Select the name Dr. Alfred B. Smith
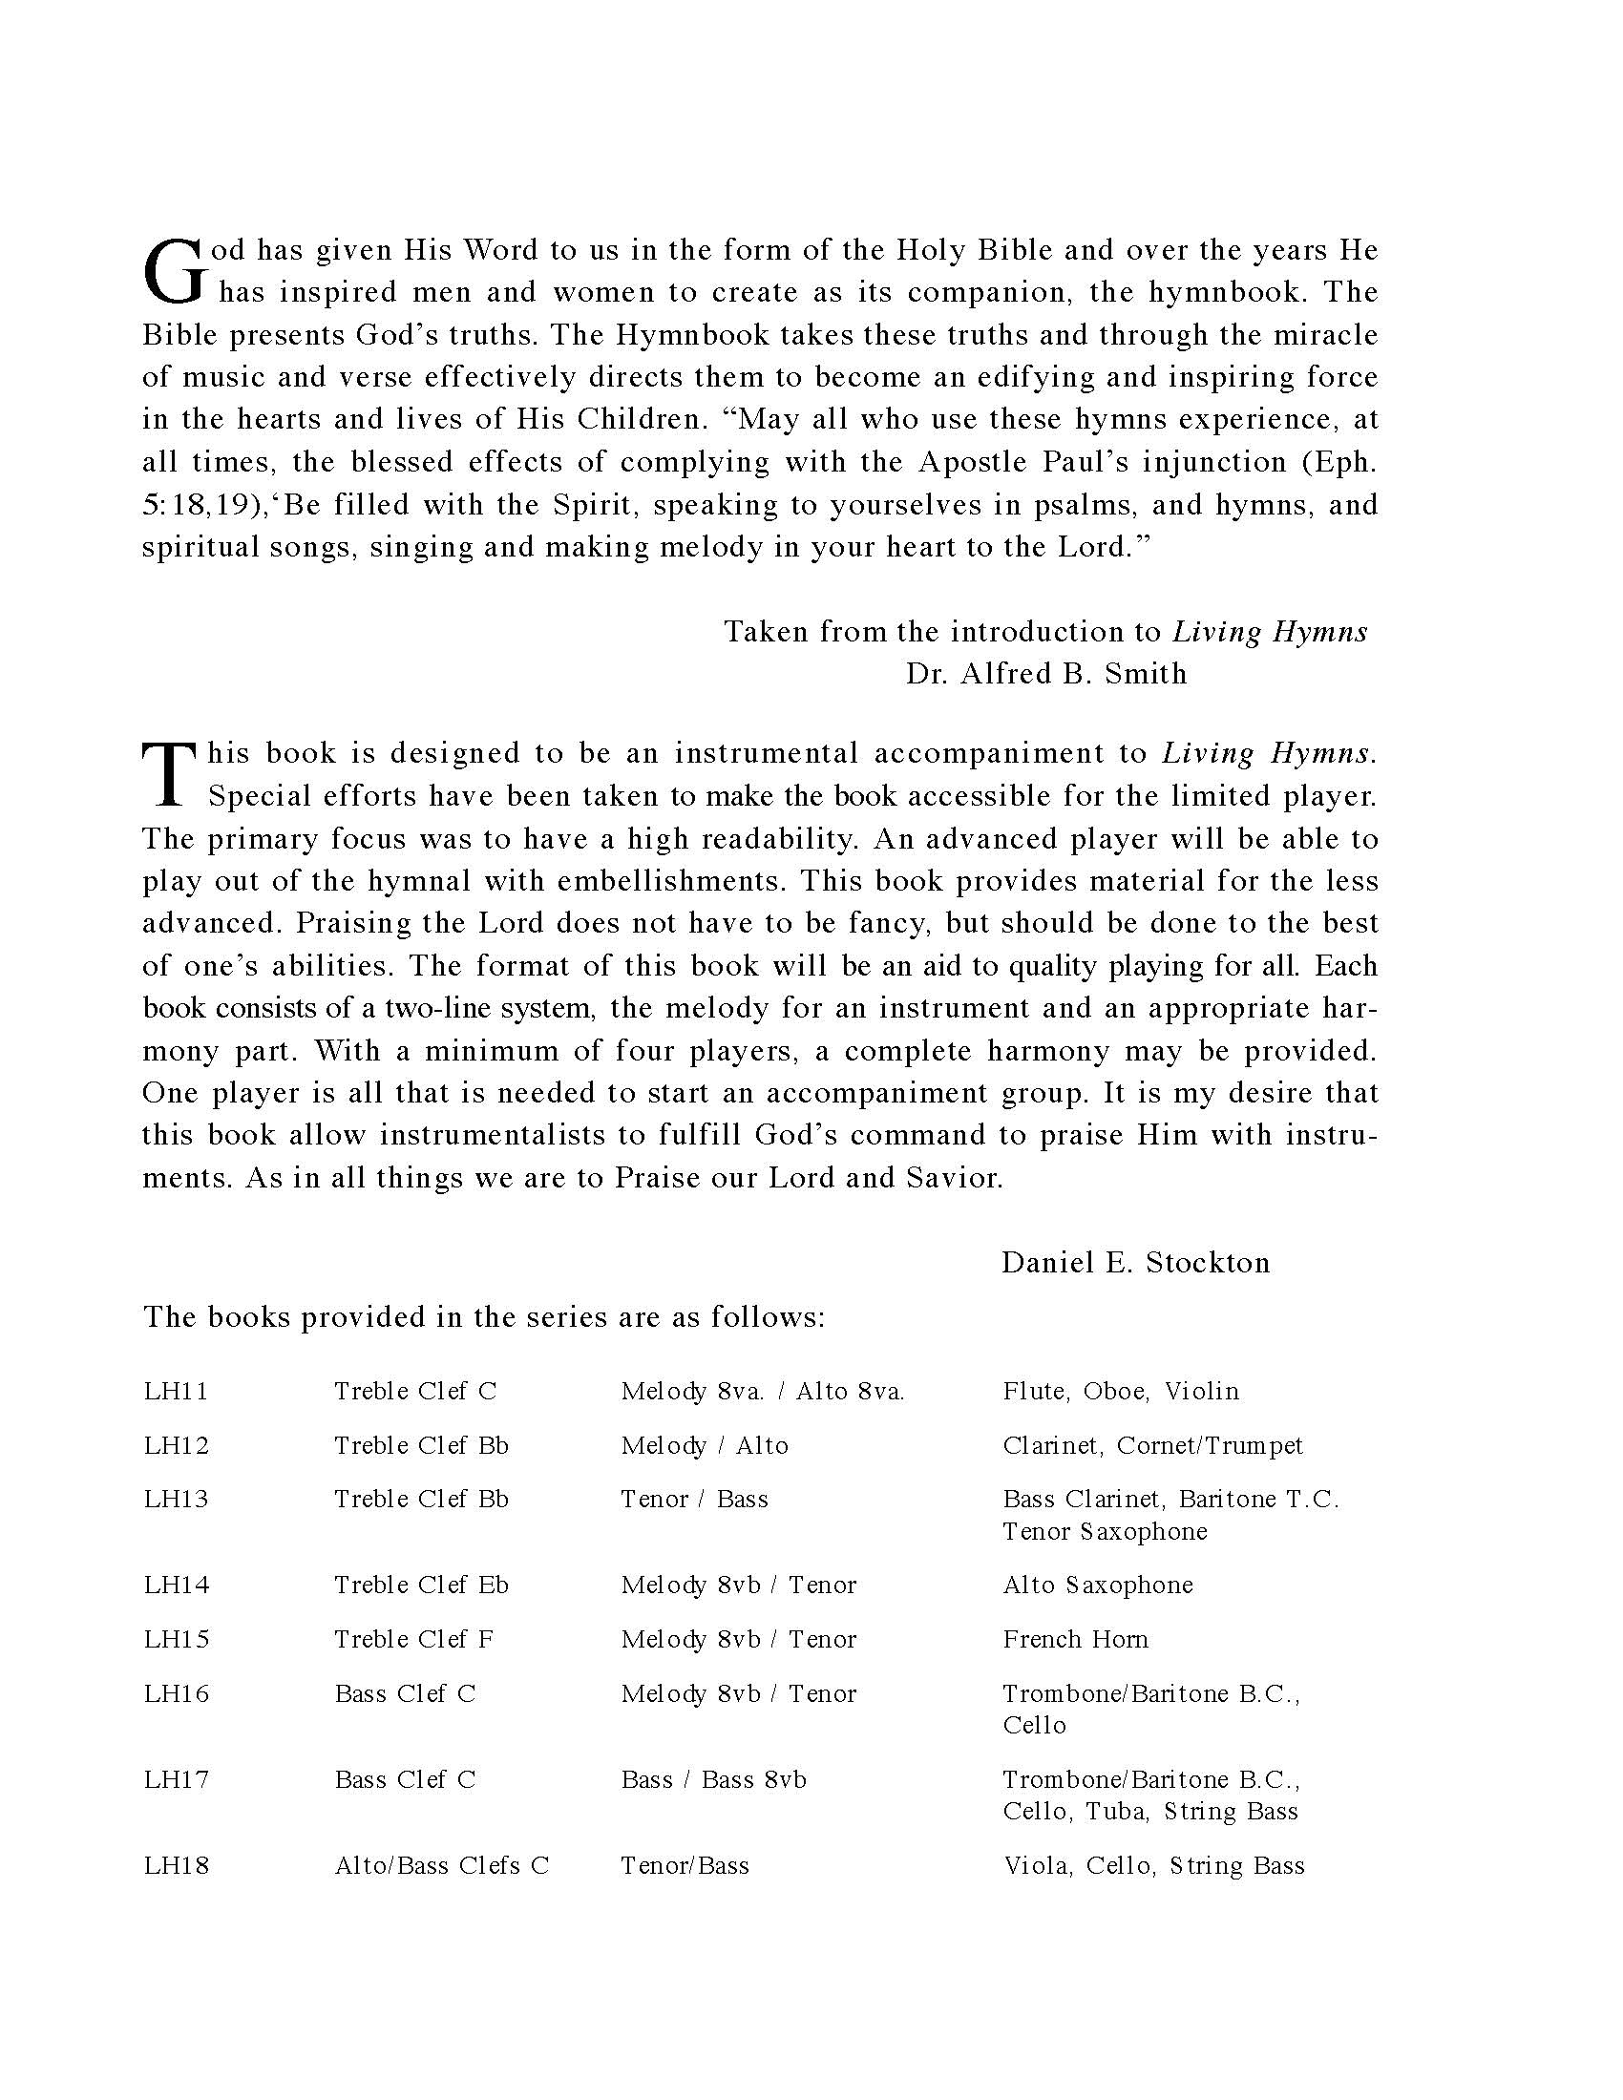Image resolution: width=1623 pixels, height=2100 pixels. [x=1045, y=674]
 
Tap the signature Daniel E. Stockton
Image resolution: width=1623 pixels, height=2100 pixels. [x=1135, y=1263]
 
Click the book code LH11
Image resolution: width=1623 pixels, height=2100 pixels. [x=176, y=1392]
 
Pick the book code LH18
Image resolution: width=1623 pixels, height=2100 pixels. [x=176, y=1866]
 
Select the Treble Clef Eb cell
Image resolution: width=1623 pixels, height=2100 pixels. [x=421, y=1585]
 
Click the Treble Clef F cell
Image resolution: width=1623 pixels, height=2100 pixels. [x=413, y=1639]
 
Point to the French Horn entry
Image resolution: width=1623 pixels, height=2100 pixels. [x=1075, y=1639]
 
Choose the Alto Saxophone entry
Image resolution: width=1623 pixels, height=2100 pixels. [x=1097, y=1585]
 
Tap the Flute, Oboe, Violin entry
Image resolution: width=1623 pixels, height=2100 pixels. [x=1120, y=1392]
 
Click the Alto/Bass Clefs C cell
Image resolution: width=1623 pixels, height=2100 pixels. [x=441, y=1866]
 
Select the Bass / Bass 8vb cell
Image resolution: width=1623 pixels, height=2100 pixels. [x=713, y=1780]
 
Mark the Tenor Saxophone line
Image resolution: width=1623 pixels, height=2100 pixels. [x=1104, y=1532]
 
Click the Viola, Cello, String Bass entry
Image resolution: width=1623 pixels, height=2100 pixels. [x=1153, y=1866]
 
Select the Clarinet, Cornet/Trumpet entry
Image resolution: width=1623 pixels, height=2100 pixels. [x=1152, y=1446]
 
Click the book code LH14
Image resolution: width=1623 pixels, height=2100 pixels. [x=176, y=1585]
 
